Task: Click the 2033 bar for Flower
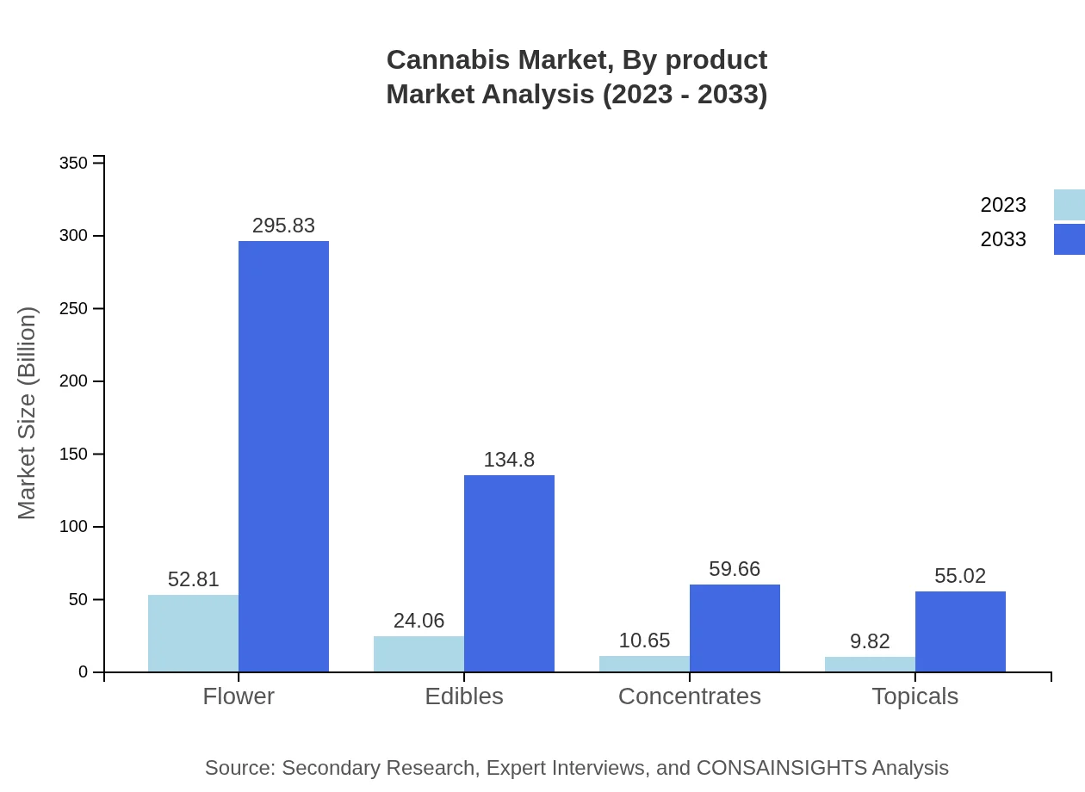pos(283,456)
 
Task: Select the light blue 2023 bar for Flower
pos(193,633)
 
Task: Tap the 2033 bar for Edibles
pos(509,573)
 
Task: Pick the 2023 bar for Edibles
pos(418,653)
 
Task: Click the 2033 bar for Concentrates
pos(735,628)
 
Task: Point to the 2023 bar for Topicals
pos(870,664)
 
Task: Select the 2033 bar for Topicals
pos(960,631)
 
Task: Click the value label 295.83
pos(283,226)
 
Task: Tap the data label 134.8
pos(509,461)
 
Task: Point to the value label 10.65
pos(644,641)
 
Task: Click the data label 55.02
pos(960,576)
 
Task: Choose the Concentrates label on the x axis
pos(690,696)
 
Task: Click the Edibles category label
pos(464,696)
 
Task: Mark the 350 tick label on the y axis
pos(73,163)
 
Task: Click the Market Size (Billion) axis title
pos(27,413)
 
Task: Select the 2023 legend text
pos(1003,205)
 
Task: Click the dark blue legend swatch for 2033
pos(1069,239)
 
